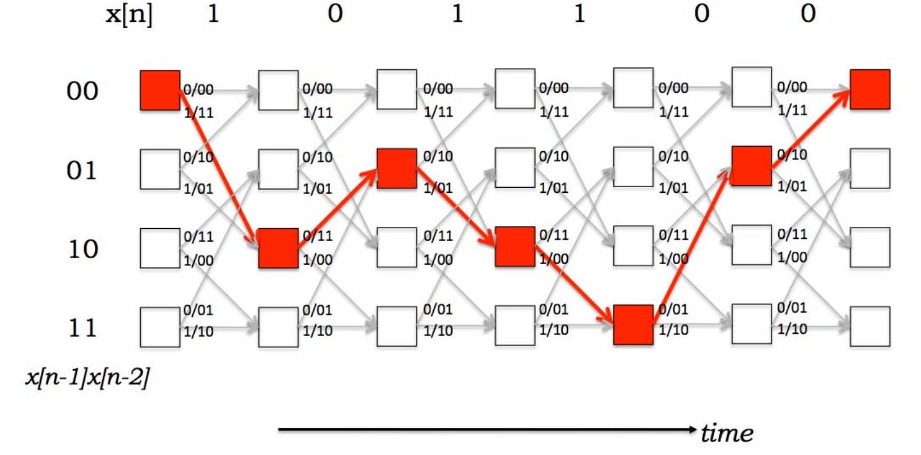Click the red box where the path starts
click(x=160, y=90)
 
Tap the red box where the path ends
click(x=870, y=89)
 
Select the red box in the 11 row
click(x=633, y=325)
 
